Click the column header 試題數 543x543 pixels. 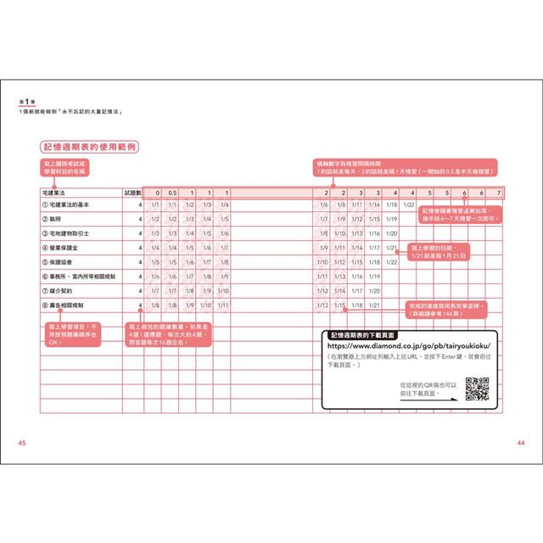133,193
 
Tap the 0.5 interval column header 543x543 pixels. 172,193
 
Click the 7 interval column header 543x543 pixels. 498,193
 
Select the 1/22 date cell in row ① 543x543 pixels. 408,205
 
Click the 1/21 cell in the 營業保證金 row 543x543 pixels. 391,248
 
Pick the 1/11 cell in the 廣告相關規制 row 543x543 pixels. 224,305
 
